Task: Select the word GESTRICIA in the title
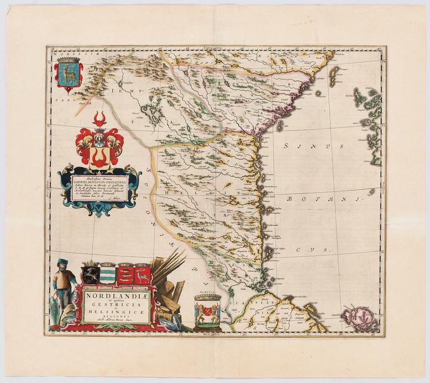(115, 303)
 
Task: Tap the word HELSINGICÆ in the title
(116, 312)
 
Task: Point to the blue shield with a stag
(68, 74)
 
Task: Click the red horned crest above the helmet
(100, 119)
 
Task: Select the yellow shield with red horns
(100, 157)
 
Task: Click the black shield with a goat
(90, 274)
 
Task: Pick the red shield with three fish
(125, 275)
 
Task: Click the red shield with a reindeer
(142, 275)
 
